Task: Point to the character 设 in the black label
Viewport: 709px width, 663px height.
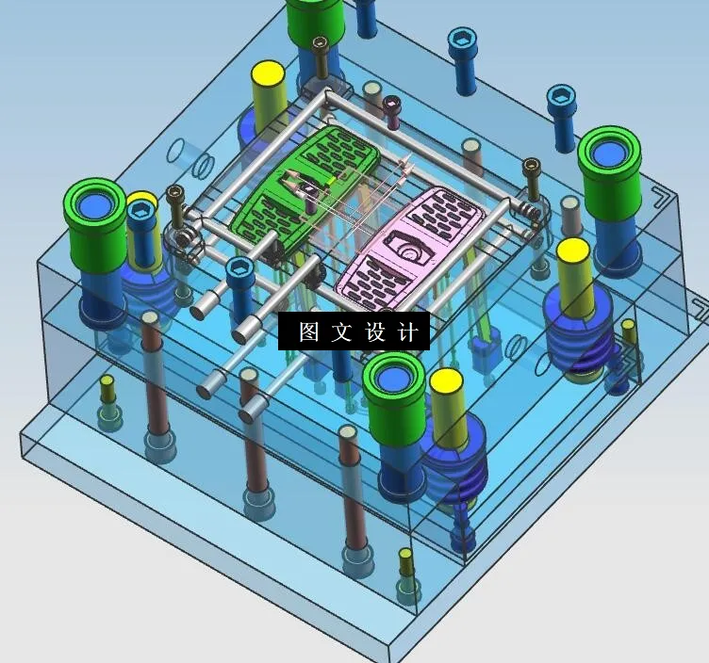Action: tap(375, 331)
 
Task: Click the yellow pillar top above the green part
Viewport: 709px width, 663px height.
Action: tap(268, 73)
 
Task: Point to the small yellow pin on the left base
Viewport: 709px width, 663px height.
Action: tap(107, 383)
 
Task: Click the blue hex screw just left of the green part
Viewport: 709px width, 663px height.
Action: tap(239, 267)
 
